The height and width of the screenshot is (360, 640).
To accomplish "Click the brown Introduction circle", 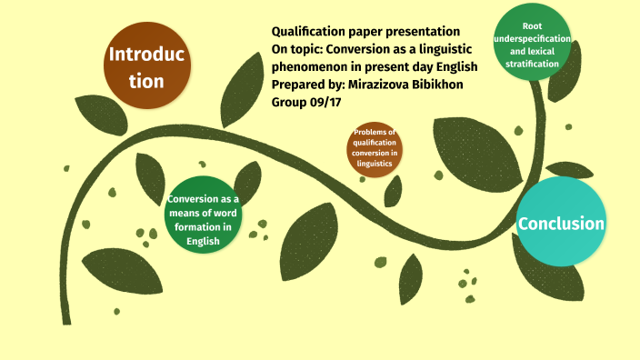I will click(145, 67).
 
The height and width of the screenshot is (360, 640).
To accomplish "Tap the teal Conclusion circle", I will click(561, 224).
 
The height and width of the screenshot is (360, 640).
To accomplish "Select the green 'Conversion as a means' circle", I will click(204, 215).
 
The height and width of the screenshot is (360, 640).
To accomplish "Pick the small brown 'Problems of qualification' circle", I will click(375, 149).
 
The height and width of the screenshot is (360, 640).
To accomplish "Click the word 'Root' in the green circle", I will click(533, 26).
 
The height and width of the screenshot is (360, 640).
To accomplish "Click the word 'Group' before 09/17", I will click(290, 102).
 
